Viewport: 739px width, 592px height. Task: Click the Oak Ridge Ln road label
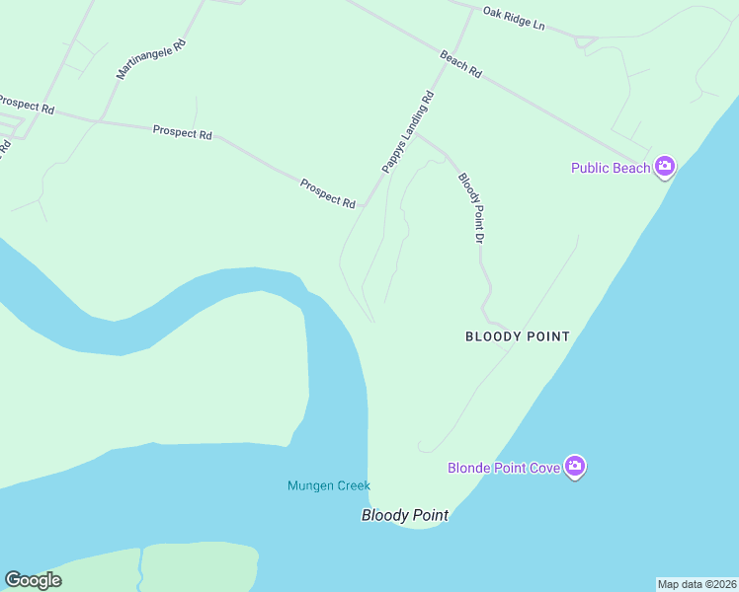click(x=514, y=17)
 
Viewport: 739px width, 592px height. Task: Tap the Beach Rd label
click(x=460, y=65)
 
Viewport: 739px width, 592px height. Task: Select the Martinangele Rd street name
click(x=151, y=60)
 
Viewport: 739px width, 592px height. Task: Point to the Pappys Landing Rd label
click(x=408, y=133)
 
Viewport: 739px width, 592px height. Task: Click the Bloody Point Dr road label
click(x=470, y=208)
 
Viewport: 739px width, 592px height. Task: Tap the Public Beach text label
click(x=611, y=168)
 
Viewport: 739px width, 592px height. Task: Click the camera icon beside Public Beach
click(x=665, y=166)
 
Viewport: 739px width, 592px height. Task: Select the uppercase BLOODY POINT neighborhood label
click(x=518, y=336)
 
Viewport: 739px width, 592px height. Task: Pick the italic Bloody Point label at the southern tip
click(x=405, y=515)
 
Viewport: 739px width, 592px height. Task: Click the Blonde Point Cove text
click(x=504, y=468)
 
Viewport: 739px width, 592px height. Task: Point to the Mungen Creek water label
click(x=329, y=485)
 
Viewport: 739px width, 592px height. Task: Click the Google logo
click(x=33, y=580)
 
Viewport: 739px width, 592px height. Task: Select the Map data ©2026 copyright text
click(x=697, y=584)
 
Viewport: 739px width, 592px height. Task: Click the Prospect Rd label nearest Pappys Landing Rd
click(x=328, y=193)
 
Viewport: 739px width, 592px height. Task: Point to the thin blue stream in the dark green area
click(x=140, y=570)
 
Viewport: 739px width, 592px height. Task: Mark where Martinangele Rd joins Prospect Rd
click(x=99, y=121)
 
